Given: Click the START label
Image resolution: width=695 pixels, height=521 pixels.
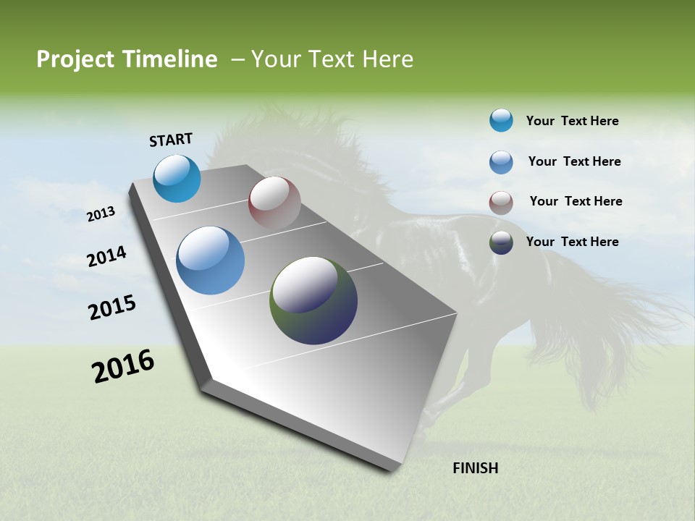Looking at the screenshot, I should coord(171,139).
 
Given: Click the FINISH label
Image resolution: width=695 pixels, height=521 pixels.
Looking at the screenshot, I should coord(475,468).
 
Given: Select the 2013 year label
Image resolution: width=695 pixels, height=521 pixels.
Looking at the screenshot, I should coord(101,214).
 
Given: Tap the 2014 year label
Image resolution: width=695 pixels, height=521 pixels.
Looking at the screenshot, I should coord(106,256).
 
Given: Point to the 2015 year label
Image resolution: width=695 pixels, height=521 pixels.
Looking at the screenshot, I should coord(112,307).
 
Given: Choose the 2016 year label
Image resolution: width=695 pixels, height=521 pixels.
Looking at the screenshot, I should coord(123,366).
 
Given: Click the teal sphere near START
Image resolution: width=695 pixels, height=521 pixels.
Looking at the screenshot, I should coord(177,179).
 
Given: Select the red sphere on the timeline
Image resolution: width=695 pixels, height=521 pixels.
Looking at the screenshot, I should coord(274,203).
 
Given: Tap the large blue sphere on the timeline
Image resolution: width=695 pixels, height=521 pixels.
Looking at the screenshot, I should coord(210,260).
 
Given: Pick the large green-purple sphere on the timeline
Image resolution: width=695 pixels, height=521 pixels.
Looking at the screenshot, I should coord(313,300).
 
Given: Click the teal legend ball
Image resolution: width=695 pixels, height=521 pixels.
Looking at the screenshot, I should coord(501,120).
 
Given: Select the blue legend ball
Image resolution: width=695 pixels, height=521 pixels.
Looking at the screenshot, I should coord(501,162).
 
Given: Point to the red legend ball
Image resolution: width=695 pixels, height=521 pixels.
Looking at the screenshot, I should coord(501,203).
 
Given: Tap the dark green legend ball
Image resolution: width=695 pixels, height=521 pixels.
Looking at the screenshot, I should coord(501,242).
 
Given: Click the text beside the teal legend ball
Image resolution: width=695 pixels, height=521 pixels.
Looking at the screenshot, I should coord(572,121).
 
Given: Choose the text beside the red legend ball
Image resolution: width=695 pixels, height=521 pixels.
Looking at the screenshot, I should coord(576,201).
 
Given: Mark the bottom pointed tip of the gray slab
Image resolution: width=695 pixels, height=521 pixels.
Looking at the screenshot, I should coord(391,468).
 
